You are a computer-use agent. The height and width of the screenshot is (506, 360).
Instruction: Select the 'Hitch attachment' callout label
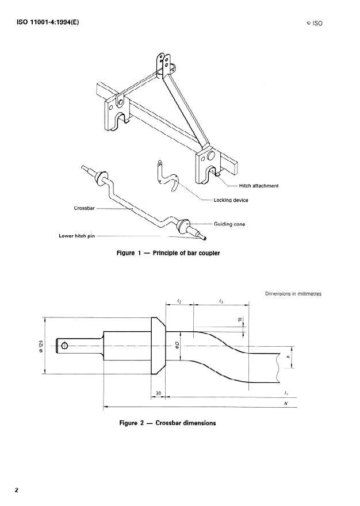258,186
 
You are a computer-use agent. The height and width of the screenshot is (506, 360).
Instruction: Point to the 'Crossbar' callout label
84,208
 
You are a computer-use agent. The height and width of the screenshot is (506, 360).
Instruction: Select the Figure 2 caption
167,423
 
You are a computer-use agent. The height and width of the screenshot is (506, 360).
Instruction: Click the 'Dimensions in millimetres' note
293,294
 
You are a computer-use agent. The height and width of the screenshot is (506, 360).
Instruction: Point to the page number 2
17,490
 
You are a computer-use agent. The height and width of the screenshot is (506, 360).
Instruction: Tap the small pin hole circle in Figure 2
64,346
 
